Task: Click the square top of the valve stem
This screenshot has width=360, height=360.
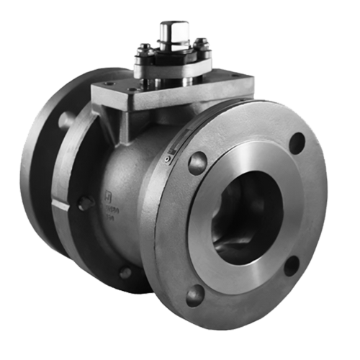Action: pyautogui.click(x=174, y=31)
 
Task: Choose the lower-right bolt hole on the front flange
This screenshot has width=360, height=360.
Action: pyautogui.click(x=292, y=265)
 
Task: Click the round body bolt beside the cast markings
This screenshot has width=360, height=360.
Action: pyautogui.click(x=85, y=204)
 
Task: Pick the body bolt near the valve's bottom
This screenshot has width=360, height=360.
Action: pyautogui.click(x=125, y=272)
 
